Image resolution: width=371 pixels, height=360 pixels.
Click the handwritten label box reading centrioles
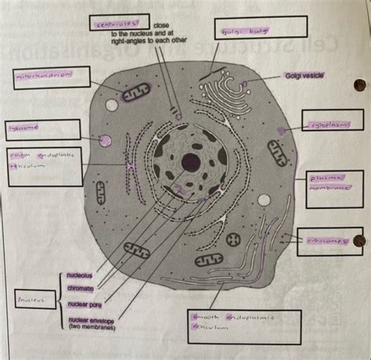(120, 25)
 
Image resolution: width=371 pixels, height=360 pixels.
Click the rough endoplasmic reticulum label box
(43, 164)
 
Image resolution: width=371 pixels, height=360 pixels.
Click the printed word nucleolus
(81, 275)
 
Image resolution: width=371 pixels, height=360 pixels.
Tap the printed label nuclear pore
(85, 304)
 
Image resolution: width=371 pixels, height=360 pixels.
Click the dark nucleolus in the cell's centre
(190, 163)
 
